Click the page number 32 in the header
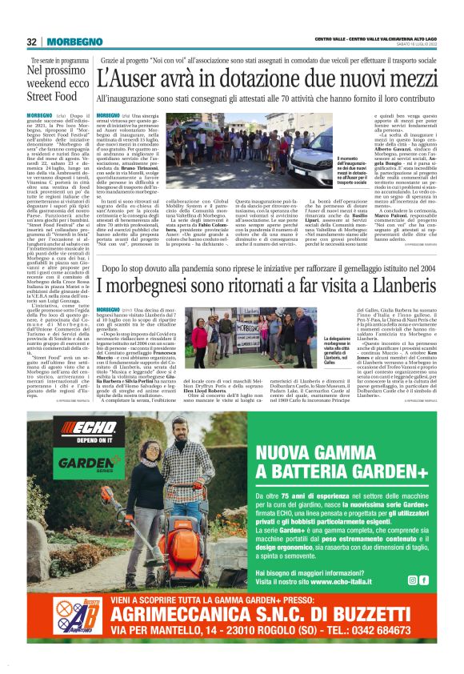32,42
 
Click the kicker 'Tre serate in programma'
59,61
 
